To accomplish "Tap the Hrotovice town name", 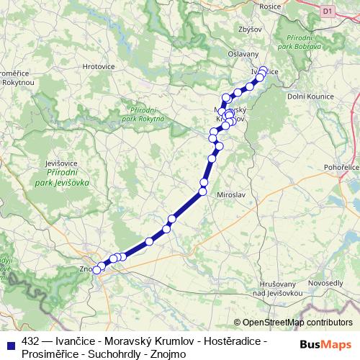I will (99, 66).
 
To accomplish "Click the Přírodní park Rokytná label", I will (143, 113).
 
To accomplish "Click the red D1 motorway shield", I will (328, 11).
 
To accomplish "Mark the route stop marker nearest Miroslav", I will (204, 191).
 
